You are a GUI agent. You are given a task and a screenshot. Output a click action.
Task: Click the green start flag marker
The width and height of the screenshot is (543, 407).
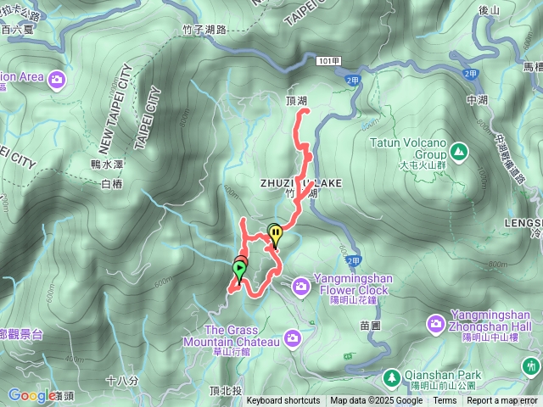pos(239,270)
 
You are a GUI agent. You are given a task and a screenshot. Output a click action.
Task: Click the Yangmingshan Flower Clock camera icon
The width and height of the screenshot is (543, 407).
pos(301,289)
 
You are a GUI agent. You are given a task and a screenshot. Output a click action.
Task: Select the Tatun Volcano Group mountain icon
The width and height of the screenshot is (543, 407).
pos(459,151)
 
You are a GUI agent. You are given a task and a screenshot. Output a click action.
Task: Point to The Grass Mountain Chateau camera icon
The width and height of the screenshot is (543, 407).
pos(293,338)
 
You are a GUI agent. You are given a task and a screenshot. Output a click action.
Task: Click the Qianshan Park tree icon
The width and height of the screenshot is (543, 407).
pos(393,376)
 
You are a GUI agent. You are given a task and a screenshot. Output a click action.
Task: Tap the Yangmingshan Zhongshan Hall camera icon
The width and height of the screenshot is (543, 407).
pos(436,323)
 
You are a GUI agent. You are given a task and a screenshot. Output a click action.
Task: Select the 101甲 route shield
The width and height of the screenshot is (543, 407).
pos(331,61)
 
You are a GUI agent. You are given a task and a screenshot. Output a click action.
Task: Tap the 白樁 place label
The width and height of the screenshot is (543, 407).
pos(112,183)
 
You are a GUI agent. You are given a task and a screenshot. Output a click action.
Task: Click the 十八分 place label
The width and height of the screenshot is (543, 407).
pos(123,380)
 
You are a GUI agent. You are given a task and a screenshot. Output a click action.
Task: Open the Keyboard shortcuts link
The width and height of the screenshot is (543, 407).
pos(283,401)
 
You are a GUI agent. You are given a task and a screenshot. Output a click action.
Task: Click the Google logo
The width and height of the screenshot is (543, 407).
pos(32,395)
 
